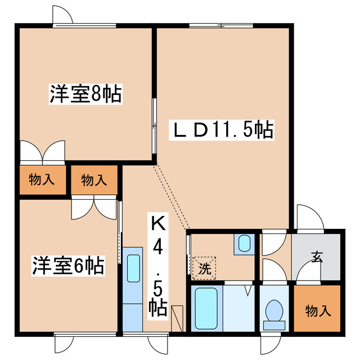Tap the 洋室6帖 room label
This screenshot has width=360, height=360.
click(x=68, y=265)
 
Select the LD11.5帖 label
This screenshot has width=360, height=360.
click(x=222, y=130)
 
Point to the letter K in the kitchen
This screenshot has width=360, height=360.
click(x=158, y=224)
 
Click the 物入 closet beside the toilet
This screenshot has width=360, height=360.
click(x=317, y=310)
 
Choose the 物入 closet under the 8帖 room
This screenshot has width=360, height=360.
click(x=40, y=180)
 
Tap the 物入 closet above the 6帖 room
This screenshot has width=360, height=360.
click(x=94, y=180)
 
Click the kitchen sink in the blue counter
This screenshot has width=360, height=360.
click(x=134, y=269)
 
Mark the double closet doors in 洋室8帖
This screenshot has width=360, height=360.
click(x=42, y=151)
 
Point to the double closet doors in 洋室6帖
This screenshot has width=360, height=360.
click(x=94, y=208)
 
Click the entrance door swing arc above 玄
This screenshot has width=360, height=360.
click(x=310, y=217)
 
